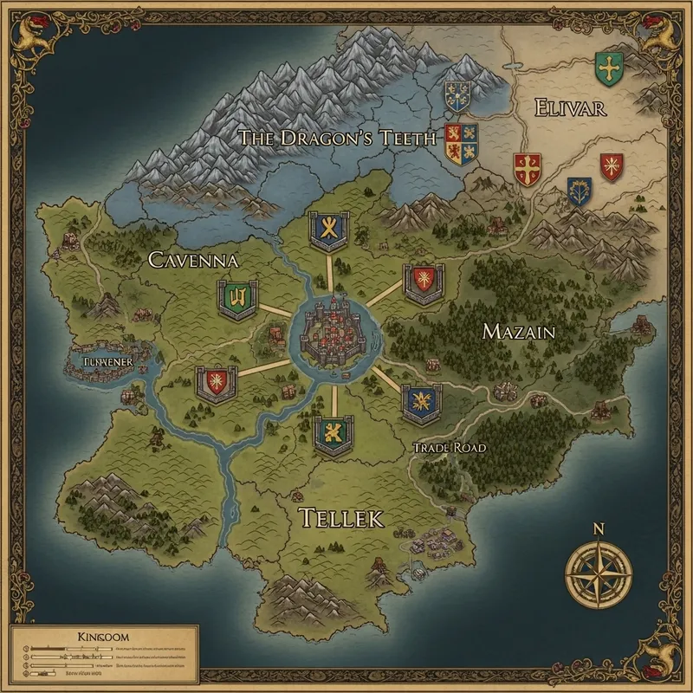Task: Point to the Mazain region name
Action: click(x=518, y=331)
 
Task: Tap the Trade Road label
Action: click(x=449, y=447)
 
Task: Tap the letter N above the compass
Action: click(x=598, y=528)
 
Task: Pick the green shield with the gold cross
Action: click(x=610, y=68)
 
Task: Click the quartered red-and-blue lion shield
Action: click(x=461, y=143)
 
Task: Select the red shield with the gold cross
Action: click(x=527, y=169)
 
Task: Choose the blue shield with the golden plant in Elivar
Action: click(x=579, y=191)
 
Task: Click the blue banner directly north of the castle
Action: click(x=328, y=230)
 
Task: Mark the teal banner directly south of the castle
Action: click(x=333, y=433)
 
